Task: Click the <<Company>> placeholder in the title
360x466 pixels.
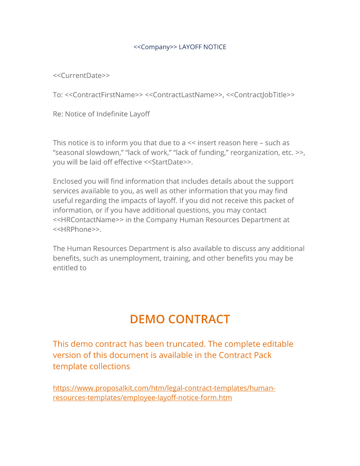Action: tap(155, 47)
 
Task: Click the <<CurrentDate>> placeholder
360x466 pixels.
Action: tap(81, 76)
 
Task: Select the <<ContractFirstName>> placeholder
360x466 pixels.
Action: tap(104, 95)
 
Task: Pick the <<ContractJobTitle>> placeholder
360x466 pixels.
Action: tap(260, 95)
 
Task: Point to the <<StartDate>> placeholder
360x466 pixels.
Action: tap(168, 162)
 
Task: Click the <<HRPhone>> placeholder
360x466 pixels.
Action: tap(76, 229)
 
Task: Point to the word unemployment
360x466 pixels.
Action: tap(135, 258)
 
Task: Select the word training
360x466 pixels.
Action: tap(176, 258)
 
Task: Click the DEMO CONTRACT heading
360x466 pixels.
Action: tap(180, 319)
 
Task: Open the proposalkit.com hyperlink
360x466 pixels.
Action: tap(164, 388)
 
